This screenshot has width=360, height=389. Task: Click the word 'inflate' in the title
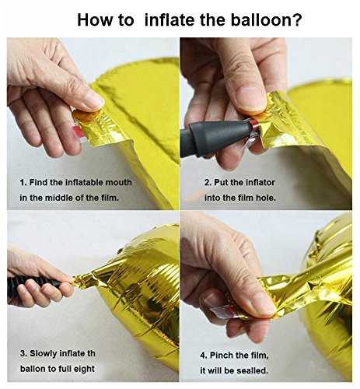[x=170, y=19]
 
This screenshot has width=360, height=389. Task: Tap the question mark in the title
[x=297, y=19]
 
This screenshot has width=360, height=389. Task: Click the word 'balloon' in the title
[x=261, y=19]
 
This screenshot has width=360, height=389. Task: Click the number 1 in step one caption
[x=23, y=182]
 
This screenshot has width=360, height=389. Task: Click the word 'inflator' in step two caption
[x=260, y=182]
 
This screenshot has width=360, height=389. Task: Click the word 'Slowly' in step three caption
[x=44, y=353]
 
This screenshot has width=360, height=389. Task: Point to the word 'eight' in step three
[x=84, y=369]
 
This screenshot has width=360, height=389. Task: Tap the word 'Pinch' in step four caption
[x=222, y=355]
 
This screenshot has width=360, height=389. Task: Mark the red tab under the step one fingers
[x=80, y=131]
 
